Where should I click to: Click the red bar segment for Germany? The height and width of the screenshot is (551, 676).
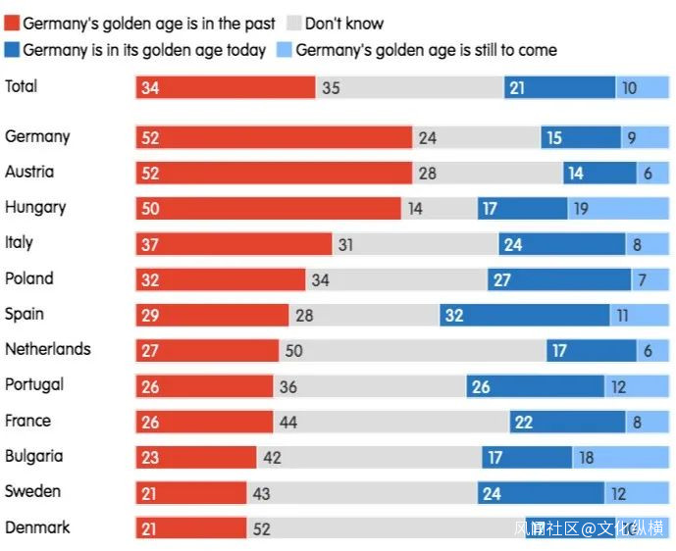point(274,138)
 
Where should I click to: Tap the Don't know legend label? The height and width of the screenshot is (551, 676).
point(344,24)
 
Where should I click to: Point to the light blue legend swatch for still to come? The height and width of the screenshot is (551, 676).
point(285,50)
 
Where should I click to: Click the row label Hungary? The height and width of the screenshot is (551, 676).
point(35,208)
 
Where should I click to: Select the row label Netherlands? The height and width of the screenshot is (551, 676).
point(47,350)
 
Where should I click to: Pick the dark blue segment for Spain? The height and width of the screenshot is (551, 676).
point(525,316)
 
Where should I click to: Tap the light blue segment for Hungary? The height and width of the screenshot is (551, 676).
point(618,209)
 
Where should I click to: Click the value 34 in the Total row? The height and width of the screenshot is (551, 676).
point(150,88)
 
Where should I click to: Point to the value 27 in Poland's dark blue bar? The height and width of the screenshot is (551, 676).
point(502,280)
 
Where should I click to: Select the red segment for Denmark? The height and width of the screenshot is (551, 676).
point(191,528)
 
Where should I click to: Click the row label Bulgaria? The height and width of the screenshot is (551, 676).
point(34,457)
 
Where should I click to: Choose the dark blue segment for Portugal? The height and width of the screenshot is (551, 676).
point(536,386)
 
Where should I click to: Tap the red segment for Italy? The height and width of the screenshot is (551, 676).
point(234,244)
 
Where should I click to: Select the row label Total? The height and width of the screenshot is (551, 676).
point(22,86)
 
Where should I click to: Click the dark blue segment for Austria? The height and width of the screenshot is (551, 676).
point(599,174)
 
